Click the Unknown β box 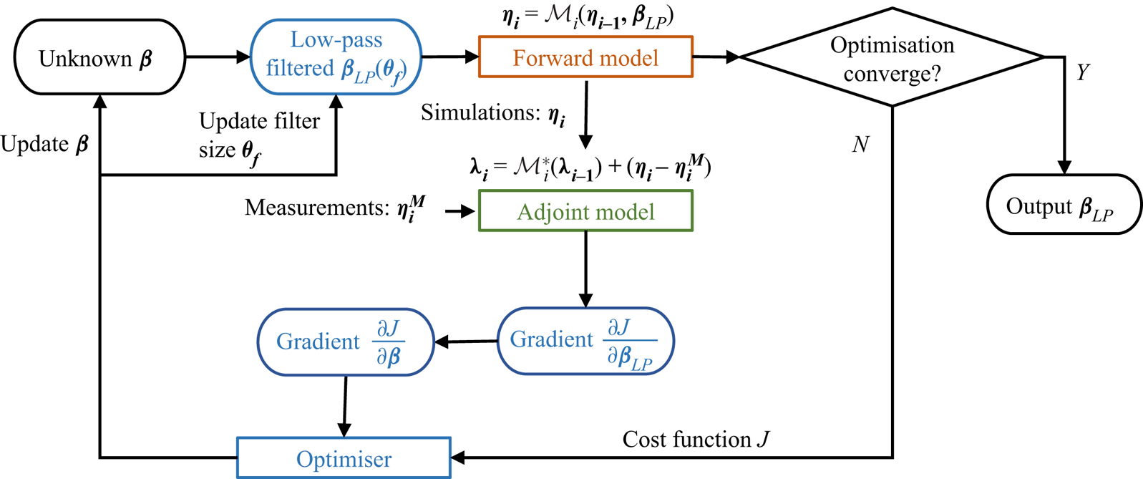pos(99,57)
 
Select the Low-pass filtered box pos(336,57)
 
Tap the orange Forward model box pos(585,57)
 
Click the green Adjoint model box pos(585,211)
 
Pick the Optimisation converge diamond pos(892,57)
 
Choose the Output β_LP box pos(1064,205)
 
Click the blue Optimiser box pos(344,458)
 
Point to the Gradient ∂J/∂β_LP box pos(585,341)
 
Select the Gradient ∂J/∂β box pos(346,342)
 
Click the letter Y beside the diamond pos(1083,72)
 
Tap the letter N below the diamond pos(860,145)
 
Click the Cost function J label pos(695,439)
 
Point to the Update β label pos(44,145)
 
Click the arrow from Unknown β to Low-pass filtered pos(218,57)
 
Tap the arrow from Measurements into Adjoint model pos(461,211)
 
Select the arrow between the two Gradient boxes pos(466,342)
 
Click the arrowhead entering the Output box pos(1064,168)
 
